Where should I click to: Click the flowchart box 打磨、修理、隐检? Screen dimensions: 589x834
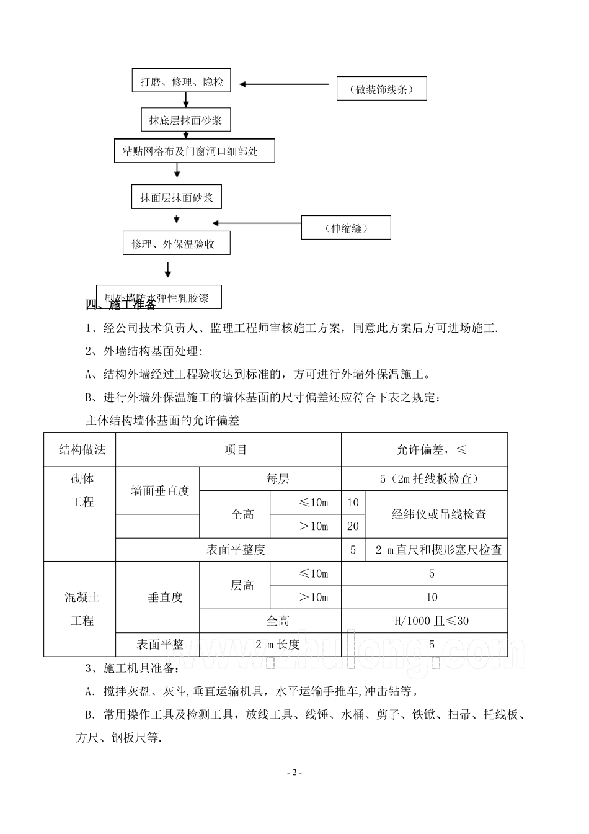pyautogui.click(x=182, y=81)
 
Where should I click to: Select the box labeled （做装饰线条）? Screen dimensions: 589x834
pyautogui.click(x=381, y=89)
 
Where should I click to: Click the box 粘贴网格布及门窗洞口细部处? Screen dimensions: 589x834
pyautogui.click(x=194, y=151)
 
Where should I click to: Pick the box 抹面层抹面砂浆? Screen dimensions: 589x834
pyautogui.click(x=177, y=197)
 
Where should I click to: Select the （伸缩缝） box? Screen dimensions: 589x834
pyautogui.click(x=346, y=228)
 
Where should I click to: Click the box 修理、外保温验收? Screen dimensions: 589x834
pyautogui.click(x=177, y=243)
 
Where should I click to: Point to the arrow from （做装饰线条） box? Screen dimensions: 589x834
pyautogui.click(x=285, y=84)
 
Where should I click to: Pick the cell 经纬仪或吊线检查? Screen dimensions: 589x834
pyautogui.click(x=438, y=514)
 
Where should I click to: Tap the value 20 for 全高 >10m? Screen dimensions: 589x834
pyautogui.click(x=353, y=526)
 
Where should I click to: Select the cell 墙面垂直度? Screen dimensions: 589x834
pyautogui.click(x=159, y=491)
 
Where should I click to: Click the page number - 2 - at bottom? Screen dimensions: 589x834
pyautogui.click(x=294, y=773)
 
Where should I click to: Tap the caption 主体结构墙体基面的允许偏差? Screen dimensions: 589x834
pyautogui.click(x=162, y=421)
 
